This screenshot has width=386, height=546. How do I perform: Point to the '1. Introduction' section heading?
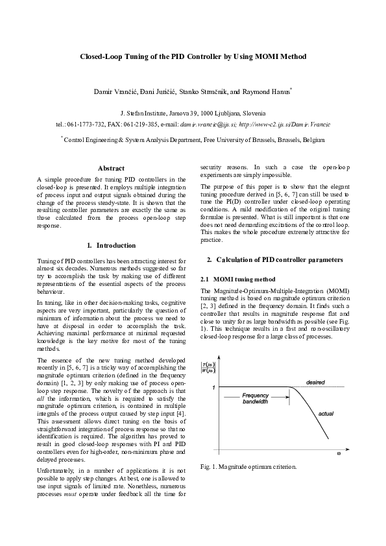click(111, 246)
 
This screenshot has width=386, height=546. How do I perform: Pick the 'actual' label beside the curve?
click(326, 412)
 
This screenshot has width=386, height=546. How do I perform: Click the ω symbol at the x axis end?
click(337, 455)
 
